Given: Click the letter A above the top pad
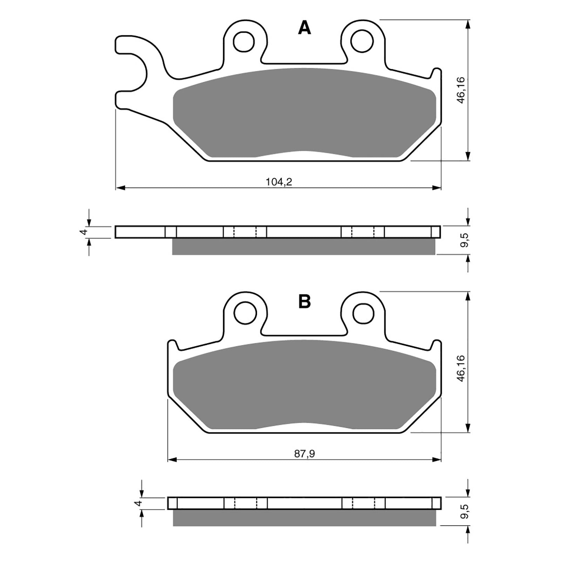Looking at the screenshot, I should point(304,28).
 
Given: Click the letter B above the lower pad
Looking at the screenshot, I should point(304,301).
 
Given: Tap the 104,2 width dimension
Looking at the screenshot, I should point(279,182).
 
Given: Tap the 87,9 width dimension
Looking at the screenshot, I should point(304,454).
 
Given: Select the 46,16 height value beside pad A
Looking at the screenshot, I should point(461,90).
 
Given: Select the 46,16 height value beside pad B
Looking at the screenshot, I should point(461,368).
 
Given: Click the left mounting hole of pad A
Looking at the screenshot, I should point(244,42).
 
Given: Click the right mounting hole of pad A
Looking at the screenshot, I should point(361,41).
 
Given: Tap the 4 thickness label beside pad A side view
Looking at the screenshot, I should point(83,232).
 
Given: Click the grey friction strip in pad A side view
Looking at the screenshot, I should point(304,246).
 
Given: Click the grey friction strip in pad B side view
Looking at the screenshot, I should point(304,518).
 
